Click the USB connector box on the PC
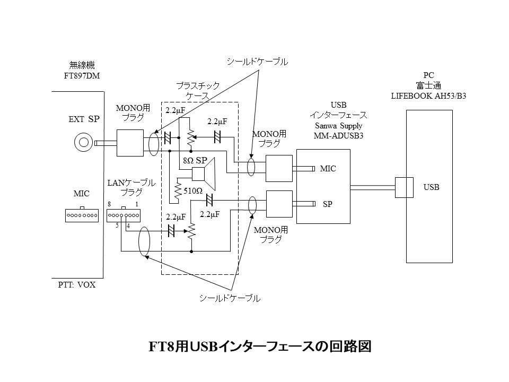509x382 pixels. click(404, 187)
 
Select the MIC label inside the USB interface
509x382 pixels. click(328, 169)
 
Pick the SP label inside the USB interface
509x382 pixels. click(327, 203)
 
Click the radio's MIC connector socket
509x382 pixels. click(82, 215)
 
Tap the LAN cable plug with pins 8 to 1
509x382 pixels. click(123, 215)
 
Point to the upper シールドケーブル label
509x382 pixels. click(257, 62)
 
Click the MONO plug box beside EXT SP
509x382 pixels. click(129, 143)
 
